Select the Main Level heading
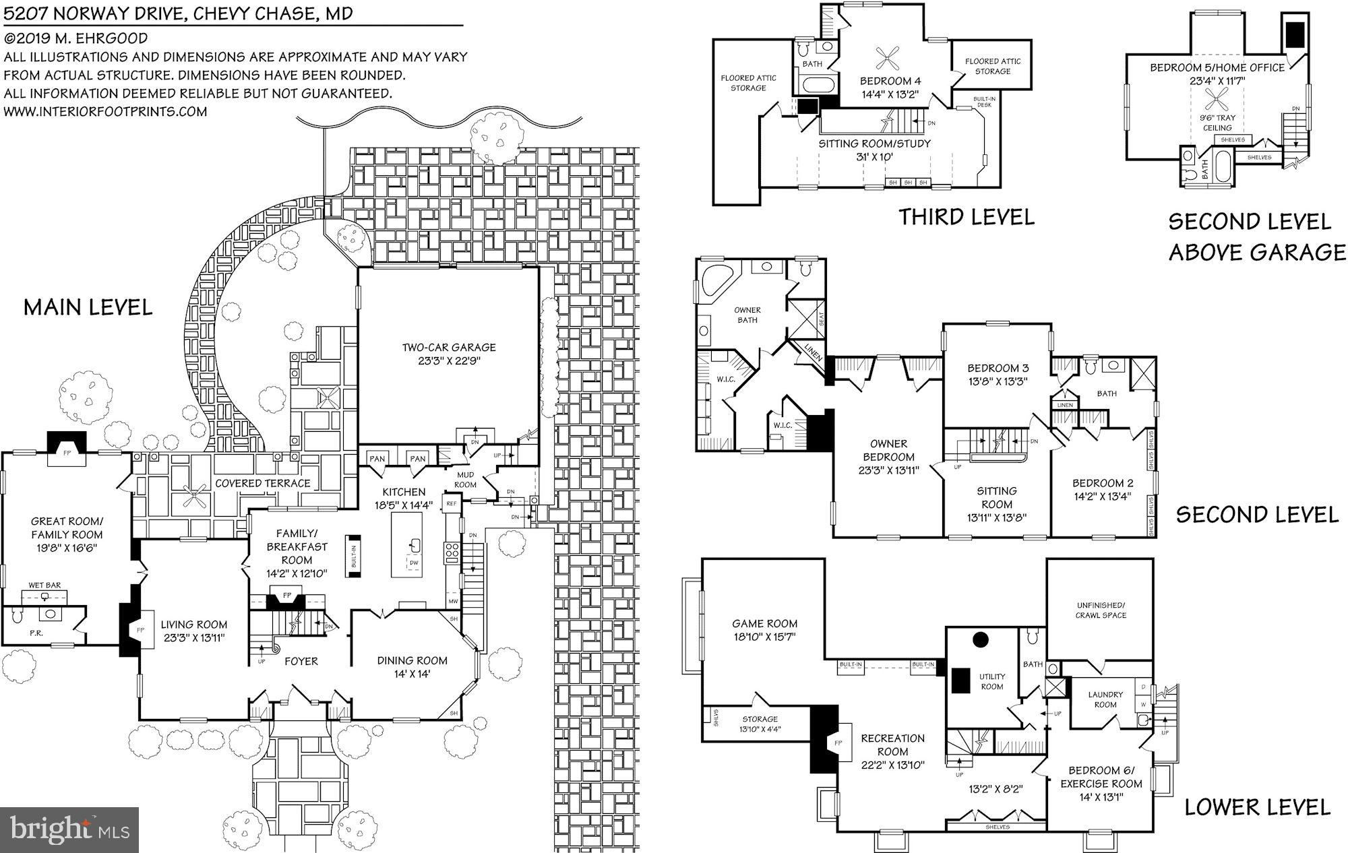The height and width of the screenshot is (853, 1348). (88, 308)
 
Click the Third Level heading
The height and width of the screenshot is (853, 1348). (966, 217)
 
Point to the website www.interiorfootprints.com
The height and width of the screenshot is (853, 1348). (106, 111)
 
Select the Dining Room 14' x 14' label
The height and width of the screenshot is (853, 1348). (412, 666)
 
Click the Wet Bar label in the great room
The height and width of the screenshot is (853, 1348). (44, 585)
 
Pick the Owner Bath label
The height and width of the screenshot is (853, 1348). (747, 315)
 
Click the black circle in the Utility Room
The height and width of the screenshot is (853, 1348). (981, 639)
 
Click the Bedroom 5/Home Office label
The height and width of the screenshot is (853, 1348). (1217, 67)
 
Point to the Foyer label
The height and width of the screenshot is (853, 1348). (301, 662)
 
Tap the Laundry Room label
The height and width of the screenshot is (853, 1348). (1105, 699)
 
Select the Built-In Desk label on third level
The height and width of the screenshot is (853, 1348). (984, 102)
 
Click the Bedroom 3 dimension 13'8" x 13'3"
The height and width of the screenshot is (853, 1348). (998, 381)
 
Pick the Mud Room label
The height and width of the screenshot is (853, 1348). (465, 480)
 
